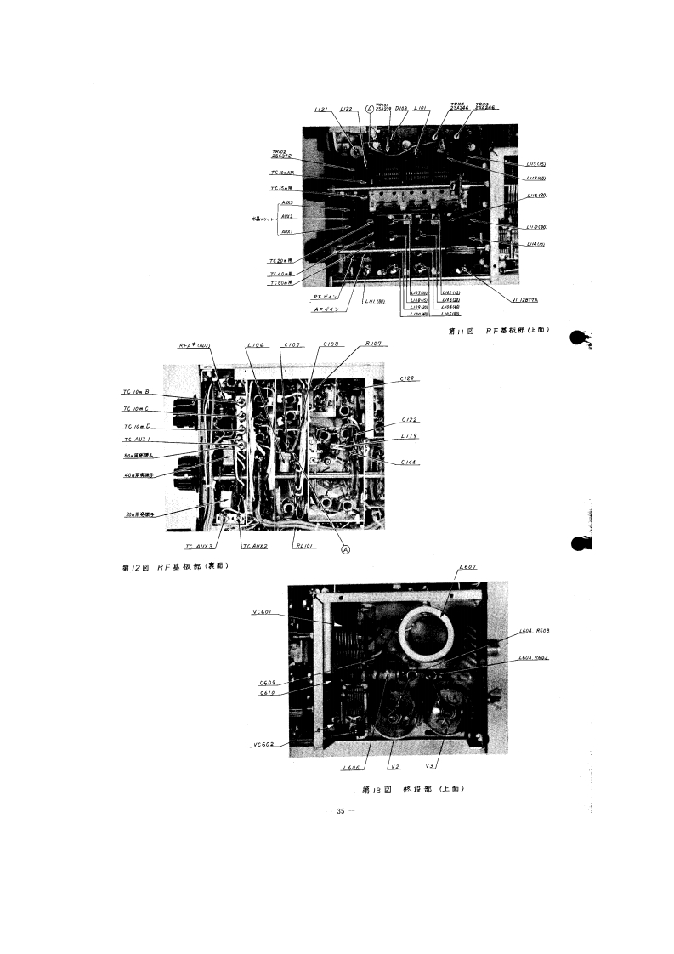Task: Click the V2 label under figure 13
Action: pyautogui.click(x=394, y=768)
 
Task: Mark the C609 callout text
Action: pyautogui.click(x=266, y=683)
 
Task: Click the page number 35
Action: pyautogui.click(x=342, y=811)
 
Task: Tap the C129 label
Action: pyautogui.click(x=407, y=379)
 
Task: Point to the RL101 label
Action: pyautogui.click(x=303, y=547)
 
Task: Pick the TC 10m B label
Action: pyautogui.click(x=137, y=392)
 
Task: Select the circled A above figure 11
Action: pyautogui.click(x=369, y=109)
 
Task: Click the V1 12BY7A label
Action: pyautogui.click(x=527, y=299)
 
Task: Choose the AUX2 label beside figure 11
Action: pyautogui.click(x=286, y=217)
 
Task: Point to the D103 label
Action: pyautogui.click(x=402, y=110)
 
